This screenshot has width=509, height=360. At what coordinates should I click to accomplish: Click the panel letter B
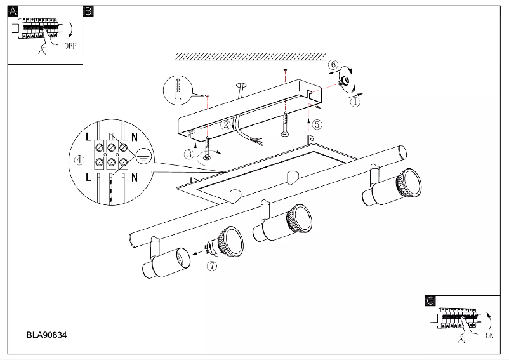pos(89,11)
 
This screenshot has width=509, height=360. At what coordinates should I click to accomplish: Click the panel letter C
pos(430,301)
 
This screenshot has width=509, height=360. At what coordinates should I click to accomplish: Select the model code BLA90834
pos(46,333)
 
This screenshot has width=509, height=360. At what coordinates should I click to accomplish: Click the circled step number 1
pos(355,100)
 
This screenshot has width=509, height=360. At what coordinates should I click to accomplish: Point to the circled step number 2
pos(225,124)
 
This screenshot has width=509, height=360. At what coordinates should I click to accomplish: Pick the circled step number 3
pos(190,153)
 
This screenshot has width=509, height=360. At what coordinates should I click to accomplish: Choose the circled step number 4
pos(79,160)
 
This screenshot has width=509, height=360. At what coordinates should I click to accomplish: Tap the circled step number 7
pos(212,267)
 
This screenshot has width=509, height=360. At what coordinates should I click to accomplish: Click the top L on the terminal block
pos(88,137)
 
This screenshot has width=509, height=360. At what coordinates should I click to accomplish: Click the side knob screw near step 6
pos(346,81)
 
